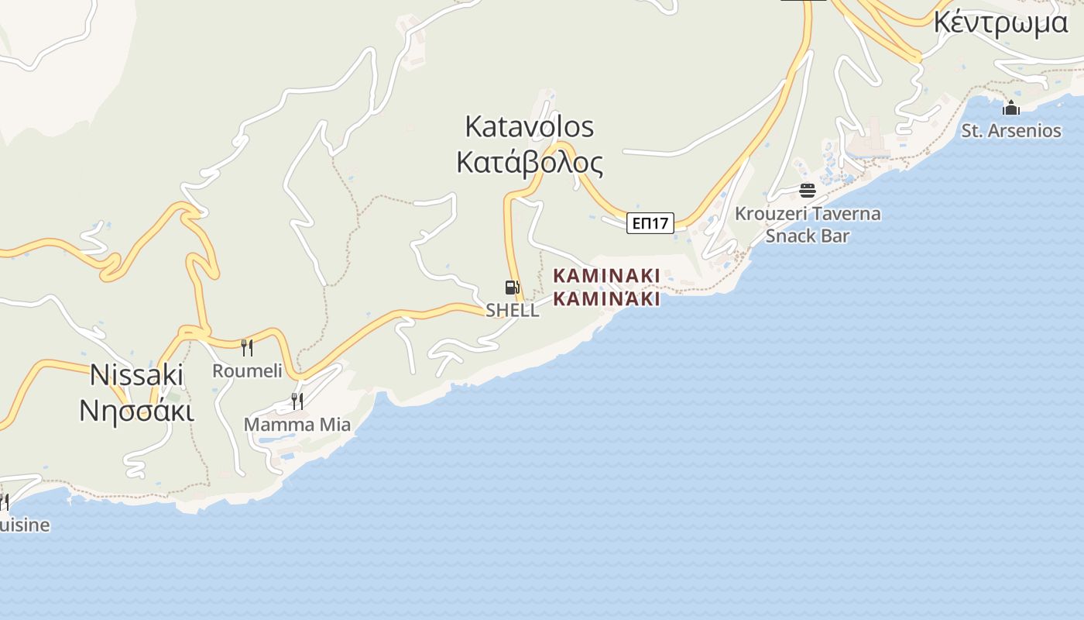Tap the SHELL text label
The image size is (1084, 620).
tap(512, 310)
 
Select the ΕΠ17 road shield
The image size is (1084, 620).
tap(650, 223)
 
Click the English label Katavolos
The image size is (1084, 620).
tap(529, 126)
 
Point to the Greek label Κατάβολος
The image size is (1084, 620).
tap(529, 163)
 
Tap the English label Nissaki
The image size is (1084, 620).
tap(137, 375)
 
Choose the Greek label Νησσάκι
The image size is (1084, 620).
tap(137, 411)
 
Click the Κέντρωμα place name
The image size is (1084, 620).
tap(1000, 22)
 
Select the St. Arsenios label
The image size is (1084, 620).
tap(1011, 130)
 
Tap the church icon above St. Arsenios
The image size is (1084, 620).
tap(1011, 108)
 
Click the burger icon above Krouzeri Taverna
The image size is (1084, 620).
tap(808, 191)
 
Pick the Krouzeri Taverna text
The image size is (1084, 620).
tap(808, 214)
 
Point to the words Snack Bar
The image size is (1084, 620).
tap(808, 236)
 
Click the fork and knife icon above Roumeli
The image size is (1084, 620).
tap(247, 347)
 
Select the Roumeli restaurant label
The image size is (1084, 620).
tap(247, 370)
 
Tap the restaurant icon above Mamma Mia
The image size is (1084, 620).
tap(297, 401)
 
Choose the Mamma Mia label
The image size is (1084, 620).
tap(297, 425)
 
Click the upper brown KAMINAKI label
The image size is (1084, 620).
tap(606, 276)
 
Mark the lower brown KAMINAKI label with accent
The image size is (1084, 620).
tap(606, 298)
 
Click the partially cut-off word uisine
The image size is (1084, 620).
tap(25, 525)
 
